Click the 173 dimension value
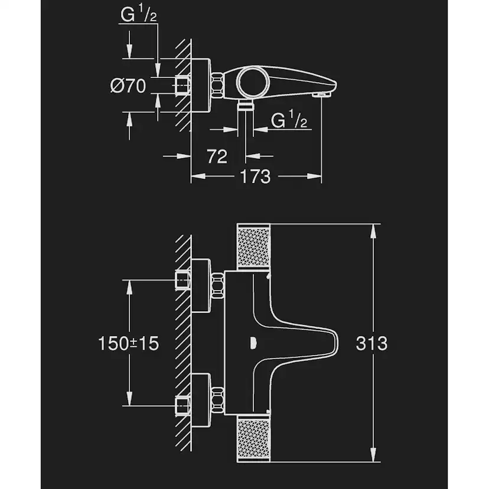(x=255, y=176)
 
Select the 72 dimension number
(x=217, y=157)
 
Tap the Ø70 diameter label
(x=128, y=86)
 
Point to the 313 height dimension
(x=372, y=343)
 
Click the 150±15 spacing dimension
(x=129, y=343)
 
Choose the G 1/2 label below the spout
(x=289, y=120)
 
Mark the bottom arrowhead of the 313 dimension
(x=373, y=456)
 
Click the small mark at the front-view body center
(x=253, y=341)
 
